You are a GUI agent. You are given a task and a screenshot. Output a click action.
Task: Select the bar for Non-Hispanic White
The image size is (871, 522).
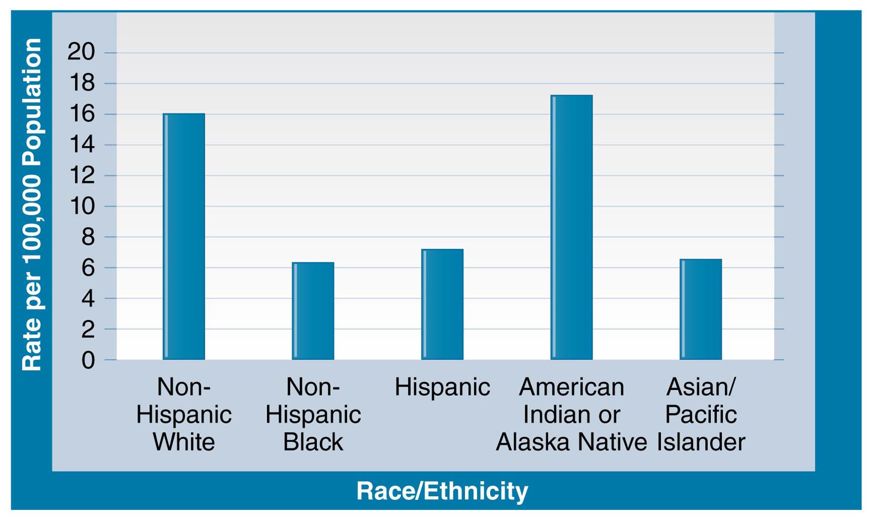pos(184,237)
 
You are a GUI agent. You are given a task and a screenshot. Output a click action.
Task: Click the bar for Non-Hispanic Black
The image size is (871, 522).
pos(313,311)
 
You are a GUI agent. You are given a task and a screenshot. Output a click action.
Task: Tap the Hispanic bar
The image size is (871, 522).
pos(442,304)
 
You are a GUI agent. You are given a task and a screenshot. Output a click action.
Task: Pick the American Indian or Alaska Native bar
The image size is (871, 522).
pos(571,228)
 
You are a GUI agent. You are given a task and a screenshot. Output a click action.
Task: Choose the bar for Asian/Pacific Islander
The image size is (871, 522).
pos(701,309)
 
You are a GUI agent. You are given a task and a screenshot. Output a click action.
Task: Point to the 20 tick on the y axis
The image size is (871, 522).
pos(81,52)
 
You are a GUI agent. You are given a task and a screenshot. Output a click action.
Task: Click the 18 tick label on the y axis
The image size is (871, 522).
pos(81,83)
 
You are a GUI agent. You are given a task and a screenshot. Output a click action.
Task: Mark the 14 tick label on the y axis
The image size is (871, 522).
pos(81,145)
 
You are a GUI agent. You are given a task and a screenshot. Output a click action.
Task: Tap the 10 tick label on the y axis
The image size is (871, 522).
pos(81,206)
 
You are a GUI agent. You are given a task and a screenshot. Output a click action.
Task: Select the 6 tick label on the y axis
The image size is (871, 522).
pos(88,268)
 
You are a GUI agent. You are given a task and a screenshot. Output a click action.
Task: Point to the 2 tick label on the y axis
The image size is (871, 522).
pos(88,329)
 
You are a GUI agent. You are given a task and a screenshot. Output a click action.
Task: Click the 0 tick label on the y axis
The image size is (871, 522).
pos(88,360)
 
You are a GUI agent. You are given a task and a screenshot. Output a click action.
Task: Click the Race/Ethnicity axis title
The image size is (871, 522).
pos(442,490)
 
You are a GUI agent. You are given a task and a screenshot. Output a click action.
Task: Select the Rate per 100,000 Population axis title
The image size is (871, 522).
pos(32,205)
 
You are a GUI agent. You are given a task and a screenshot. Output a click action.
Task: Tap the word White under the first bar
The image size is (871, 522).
pos(184,442)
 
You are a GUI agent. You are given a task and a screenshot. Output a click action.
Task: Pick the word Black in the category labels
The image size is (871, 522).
pos(313,442)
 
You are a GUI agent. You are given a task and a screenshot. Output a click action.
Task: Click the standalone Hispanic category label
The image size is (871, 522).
pos(442,387)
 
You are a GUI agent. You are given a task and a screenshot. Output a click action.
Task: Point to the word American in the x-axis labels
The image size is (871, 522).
pos(571,387)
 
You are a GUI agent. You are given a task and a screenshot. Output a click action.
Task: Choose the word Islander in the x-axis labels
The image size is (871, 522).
pos(701,442)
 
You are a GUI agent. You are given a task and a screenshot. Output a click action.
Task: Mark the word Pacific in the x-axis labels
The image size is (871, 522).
pos(701,415)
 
